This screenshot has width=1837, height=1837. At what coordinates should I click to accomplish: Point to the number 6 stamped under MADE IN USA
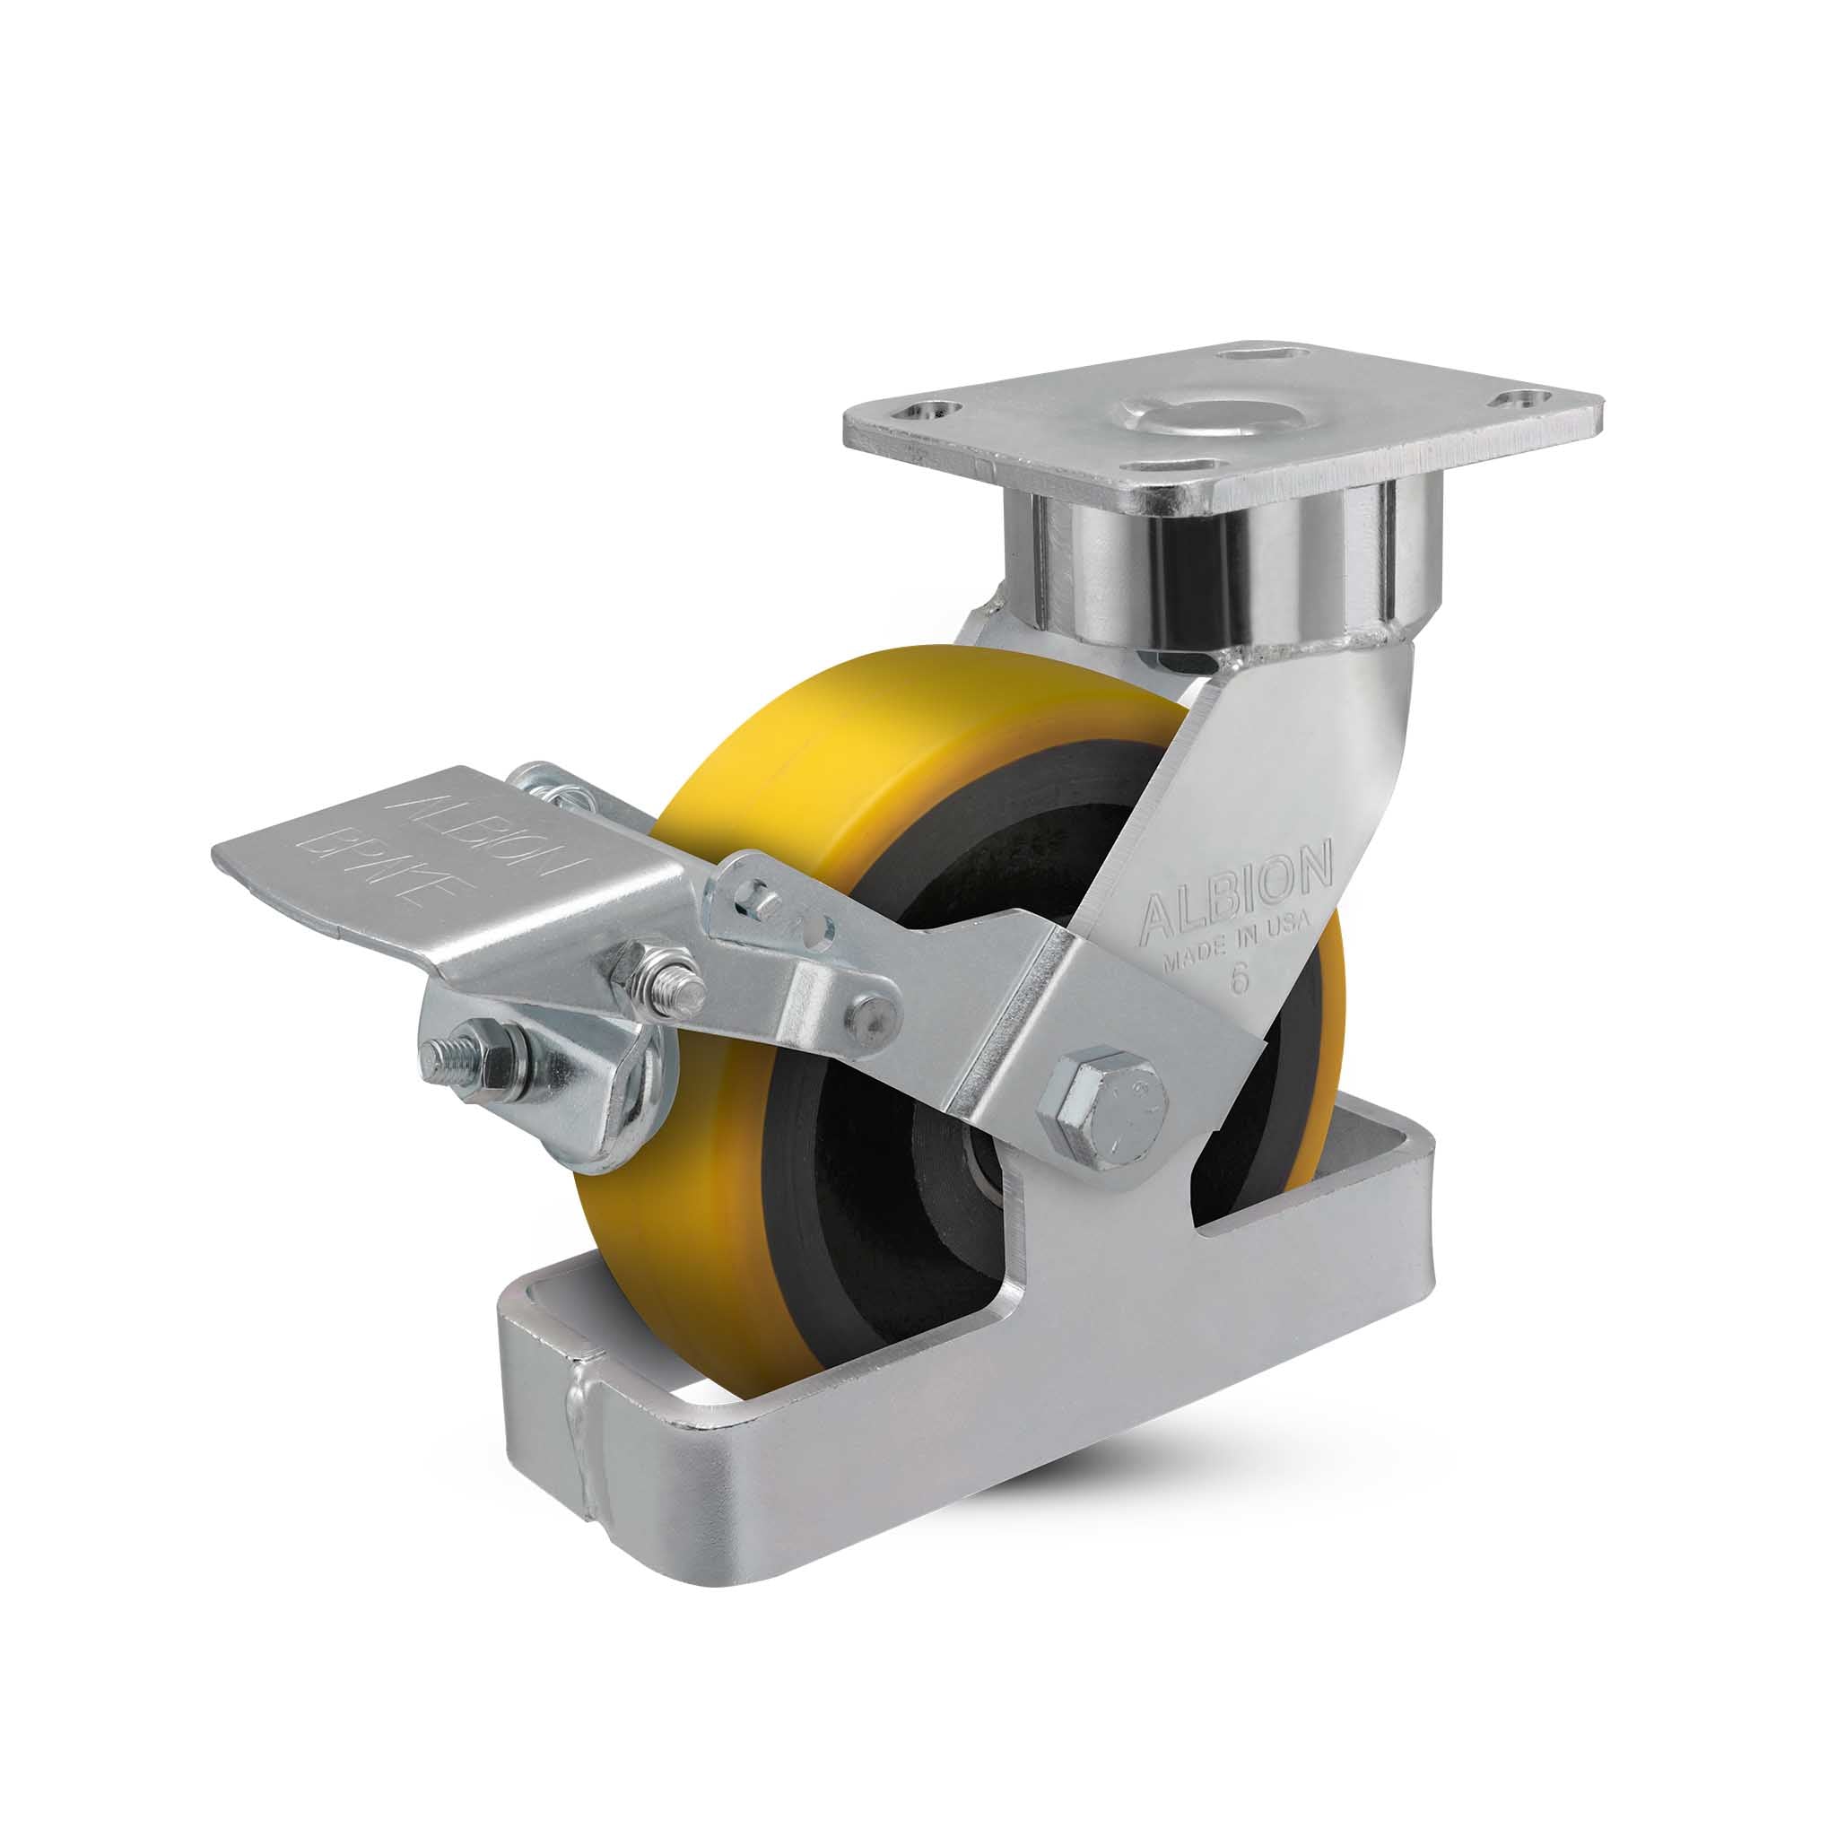[1239, 980]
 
